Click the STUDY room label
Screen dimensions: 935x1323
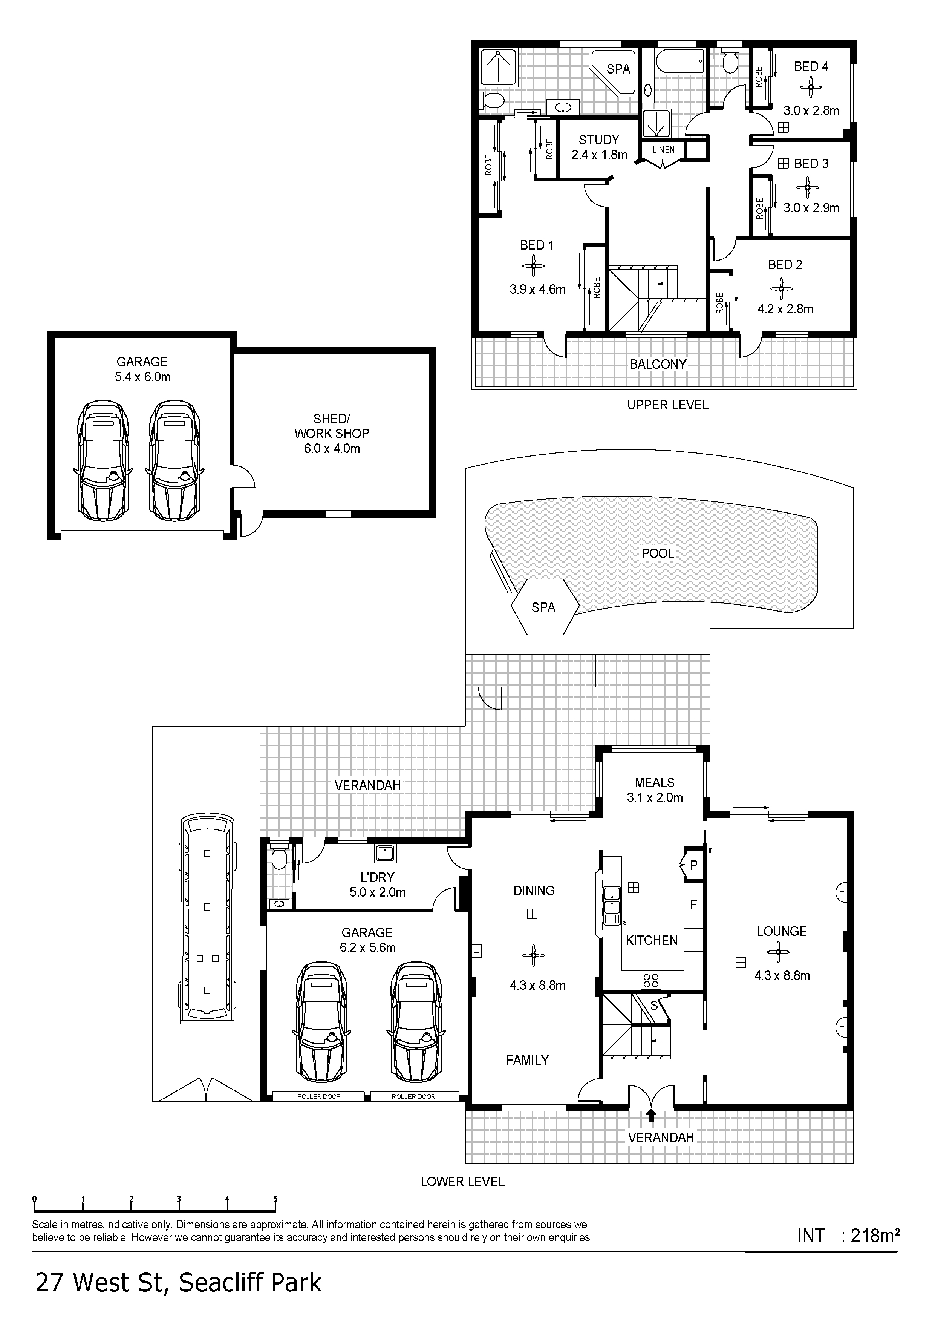point(599,140)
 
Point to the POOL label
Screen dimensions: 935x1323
point(658,554)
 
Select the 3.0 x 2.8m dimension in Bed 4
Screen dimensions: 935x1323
point(811,110)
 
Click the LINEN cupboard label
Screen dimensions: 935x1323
point(664,150)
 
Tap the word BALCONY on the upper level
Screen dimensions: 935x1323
point(658,364)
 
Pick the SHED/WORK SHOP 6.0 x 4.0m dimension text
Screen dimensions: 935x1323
point(332,449)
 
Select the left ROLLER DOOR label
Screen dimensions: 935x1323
point(318,1096)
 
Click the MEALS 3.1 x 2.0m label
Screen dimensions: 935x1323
point(655,790)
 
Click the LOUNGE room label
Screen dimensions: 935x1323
point(782,931)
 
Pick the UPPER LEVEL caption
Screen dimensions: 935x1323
point(668,405)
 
